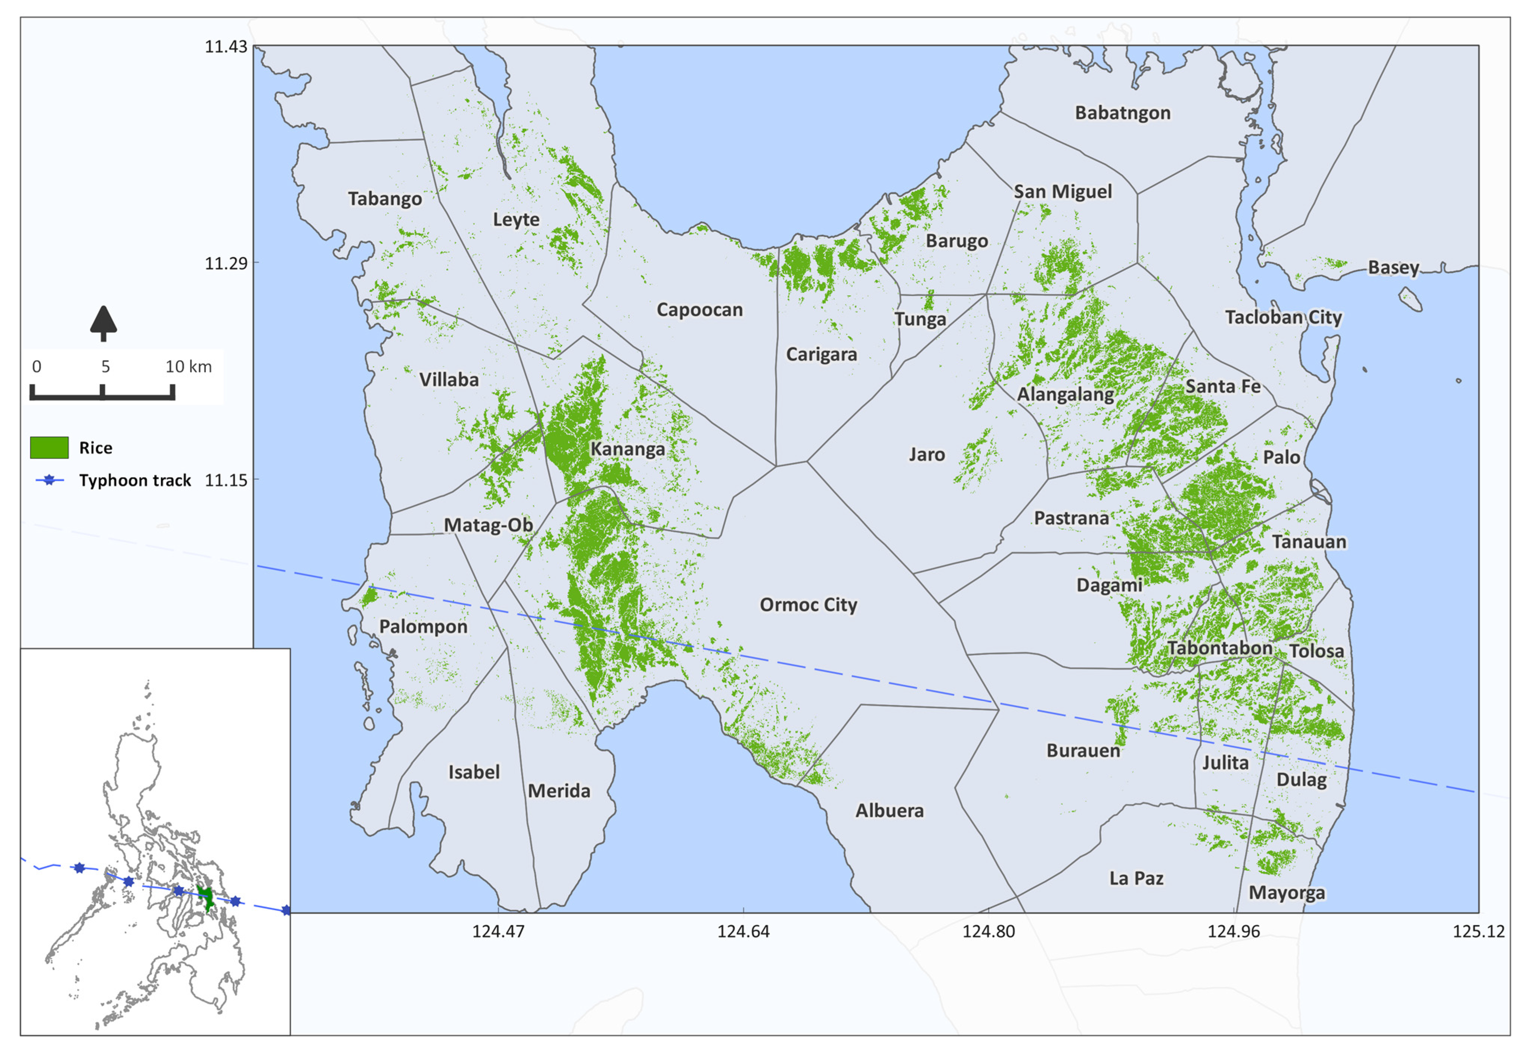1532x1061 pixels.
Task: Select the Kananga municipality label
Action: coord(627,449)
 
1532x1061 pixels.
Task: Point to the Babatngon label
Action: coord(1122,113)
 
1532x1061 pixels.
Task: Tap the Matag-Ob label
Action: coord(488,525)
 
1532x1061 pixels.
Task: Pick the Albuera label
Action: coord(889,810)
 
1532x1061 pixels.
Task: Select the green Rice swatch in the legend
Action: coord(49,447)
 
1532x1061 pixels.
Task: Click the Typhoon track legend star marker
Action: coord(49,480)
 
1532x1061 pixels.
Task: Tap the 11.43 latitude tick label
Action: coord(226,47)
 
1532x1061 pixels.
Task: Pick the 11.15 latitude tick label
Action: coord(226,480)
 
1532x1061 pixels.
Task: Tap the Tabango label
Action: coord(384,199)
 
